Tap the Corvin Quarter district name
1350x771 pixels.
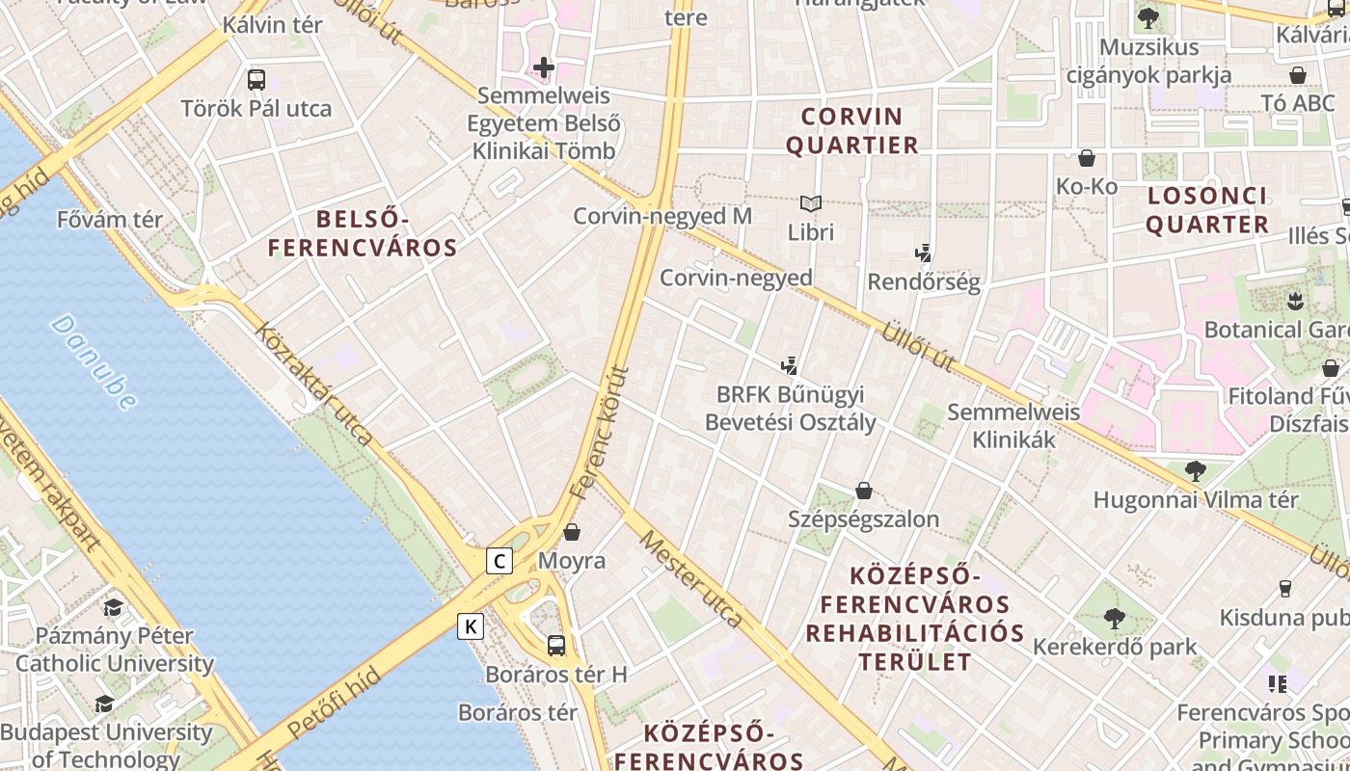pos(852,131)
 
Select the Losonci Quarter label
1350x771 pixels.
pos(1206,210)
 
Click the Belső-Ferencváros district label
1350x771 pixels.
pos(363,234)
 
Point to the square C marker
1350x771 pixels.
pos(499,561)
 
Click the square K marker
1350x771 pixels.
pos(471,626)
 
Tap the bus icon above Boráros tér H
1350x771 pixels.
pos(556,645)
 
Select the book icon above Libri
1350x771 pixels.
pos(810,204)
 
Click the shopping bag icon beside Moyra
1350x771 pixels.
pos(572,532)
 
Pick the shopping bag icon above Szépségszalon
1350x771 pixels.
pos(864,492)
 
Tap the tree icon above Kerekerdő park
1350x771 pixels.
pos(1114,618)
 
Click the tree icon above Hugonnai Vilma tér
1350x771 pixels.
pos(1196,471)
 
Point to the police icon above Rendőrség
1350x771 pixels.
pos(923,253)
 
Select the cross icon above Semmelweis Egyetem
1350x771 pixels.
pos(544,67)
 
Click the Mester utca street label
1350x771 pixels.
pos(691,578)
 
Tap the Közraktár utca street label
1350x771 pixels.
pos(313,383)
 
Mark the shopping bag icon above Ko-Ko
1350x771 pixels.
pos(1087,158)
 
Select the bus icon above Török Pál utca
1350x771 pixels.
pos(256,80)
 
